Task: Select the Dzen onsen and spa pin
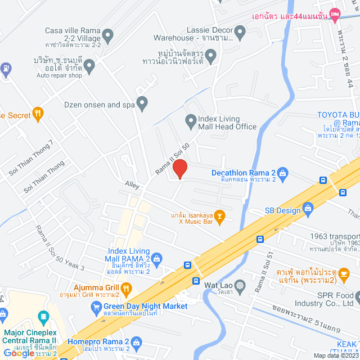(142, 104)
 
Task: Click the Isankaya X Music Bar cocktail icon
(220, 214)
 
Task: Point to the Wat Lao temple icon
(240, 285)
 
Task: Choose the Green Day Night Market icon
(96, 307)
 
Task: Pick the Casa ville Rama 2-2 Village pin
(109, 35)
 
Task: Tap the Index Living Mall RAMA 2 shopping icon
(157, 259)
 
